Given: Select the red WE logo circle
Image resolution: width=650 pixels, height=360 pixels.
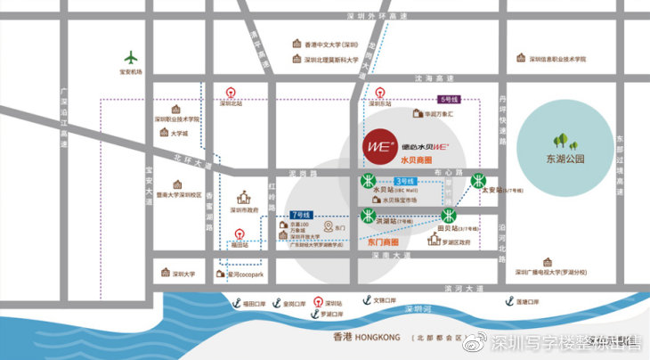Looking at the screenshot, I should [x=377, y=145].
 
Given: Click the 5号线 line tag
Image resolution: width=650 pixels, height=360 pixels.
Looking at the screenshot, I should [x=449, y=100].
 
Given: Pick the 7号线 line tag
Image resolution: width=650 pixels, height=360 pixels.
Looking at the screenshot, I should [x=300, y=216].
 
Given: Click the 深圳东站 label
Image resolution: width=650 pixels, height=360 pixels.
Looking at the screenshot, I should [x=381, y=103].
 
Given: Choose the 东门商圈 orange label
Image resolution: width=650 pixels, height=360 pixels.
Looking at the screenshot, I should [x=383, y=241].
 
